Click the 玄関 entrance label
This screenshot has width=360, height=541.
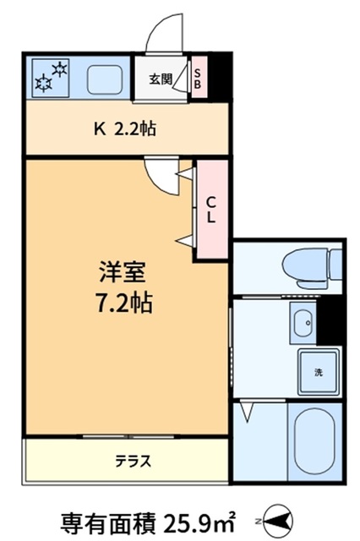tap(161, 79)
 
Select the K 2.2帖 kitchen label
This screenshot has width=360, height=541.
tap(125, 129)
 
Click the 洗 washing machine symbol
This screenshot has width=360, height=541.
tap(318, 373)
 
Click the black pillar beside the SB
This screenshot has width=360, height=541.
tap(220, 75)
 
